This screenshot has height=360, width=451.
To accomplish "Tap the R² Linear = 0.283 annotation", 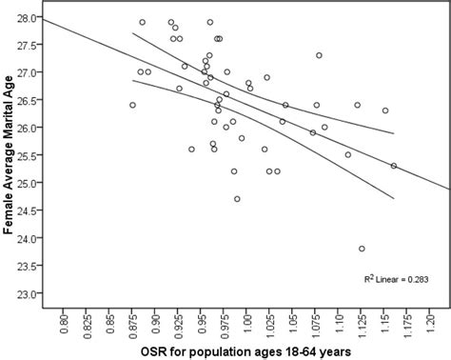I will [396, 279].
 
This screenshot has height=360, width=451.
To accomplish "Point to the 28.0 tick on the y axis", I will [29, 18].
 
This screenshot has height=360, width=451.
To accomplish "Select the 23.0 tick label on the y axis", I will [29, 294].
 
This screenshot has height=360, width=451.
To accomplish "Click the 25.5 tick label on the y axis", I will [29, 156].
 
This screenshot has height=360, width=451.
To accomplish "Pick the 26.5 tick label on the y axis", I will [29, 101].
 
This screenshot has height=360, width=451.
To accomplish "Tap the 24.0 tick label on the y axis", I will [29, 239].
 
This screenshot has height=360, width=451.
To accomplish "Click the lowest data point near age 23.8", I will [362, 249].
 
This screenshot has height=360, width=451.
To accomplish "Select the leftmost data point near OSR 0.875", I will [132, 105].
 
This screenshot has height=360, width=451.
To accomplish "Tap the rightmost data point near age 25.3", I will [394, 166].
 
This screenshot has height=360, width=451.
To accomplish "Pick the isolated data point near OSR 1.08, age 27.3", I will [319, 55].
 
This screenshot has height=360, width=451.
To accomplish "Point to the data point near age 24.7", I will [237, 199].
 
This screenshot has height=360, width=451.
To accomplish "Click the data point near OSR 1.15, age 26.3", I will [385, 110].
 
